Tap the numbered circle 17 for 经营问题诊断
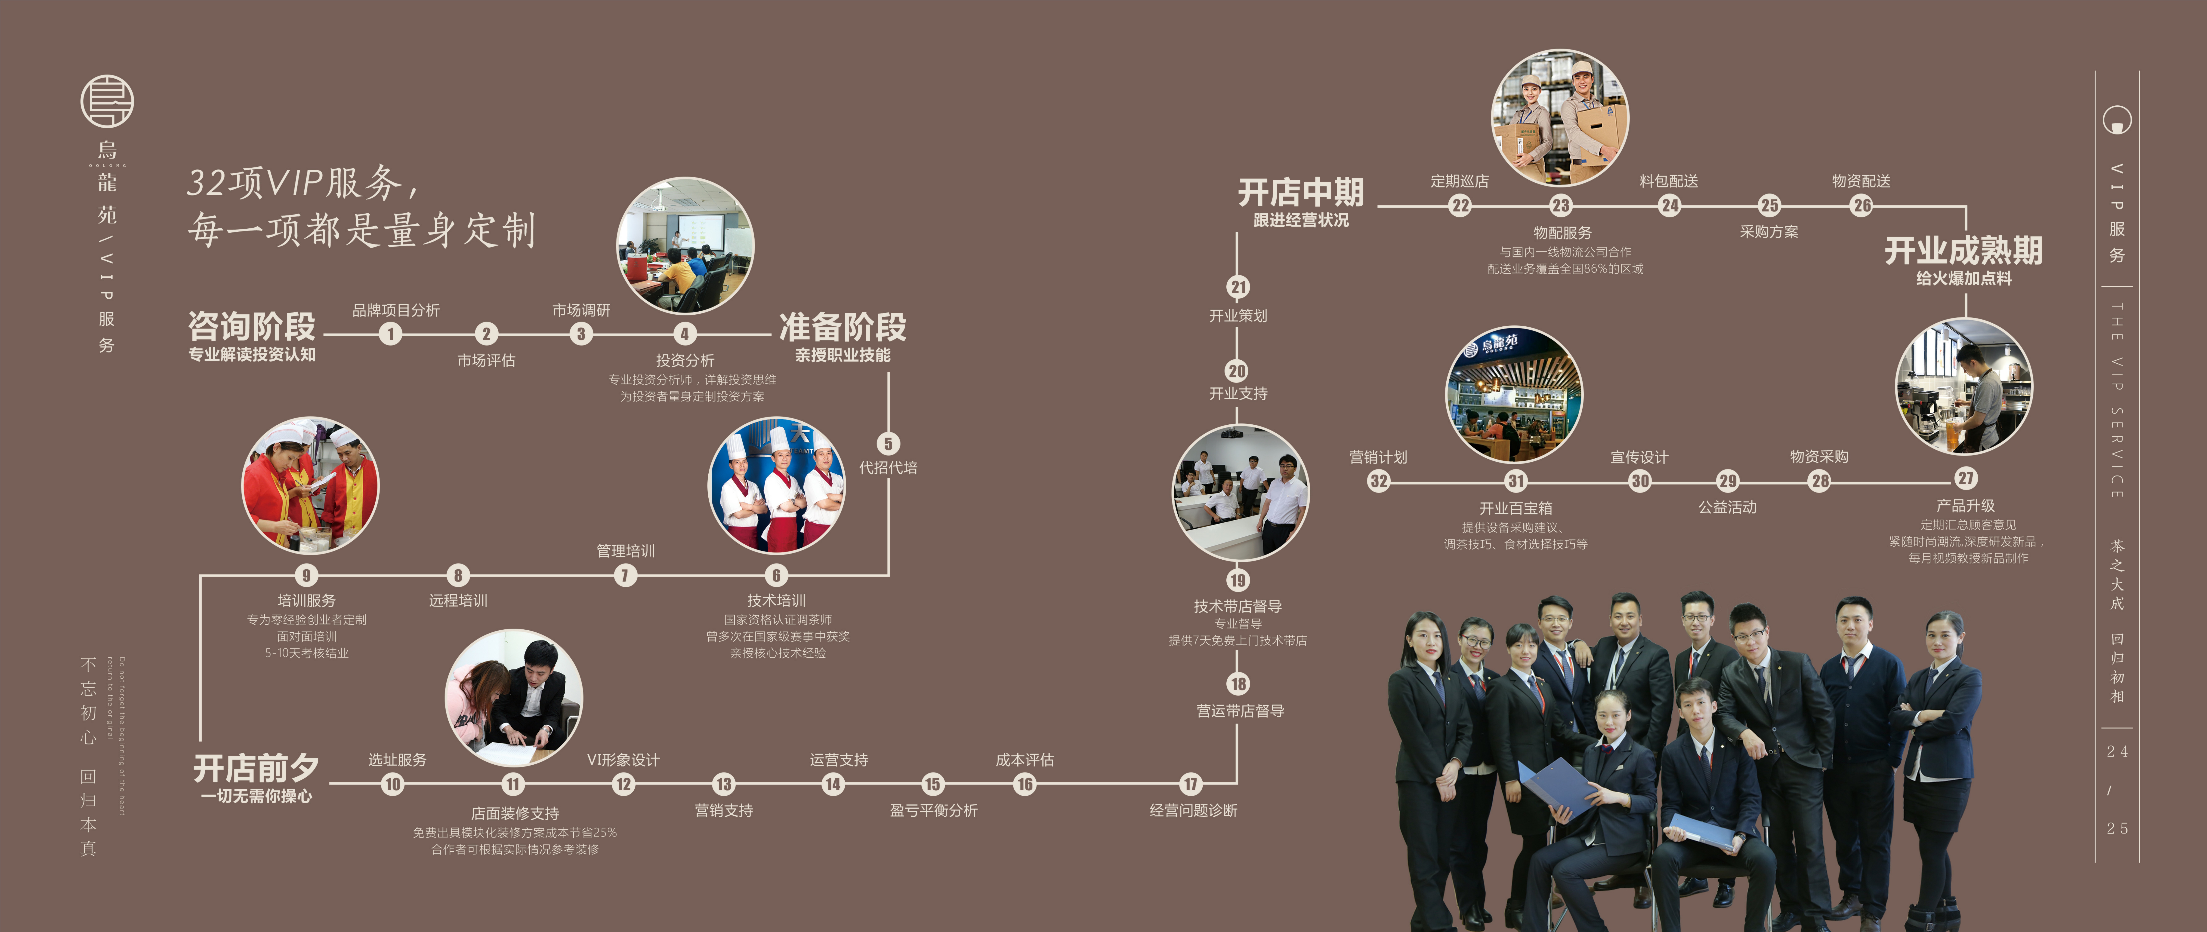point(1190,783)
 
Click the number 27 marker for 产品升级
point(1965,478)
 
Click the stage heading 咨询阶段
point(252,326)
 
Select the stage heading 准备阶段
point(842,326)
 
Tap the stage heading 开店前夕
point(255,767)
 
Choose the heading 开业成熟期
point(1963,250)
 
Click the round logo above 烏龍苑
point(107,101)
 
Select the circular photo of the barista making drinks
point(1963,386)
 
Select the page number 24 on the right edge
point(2117,751)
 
